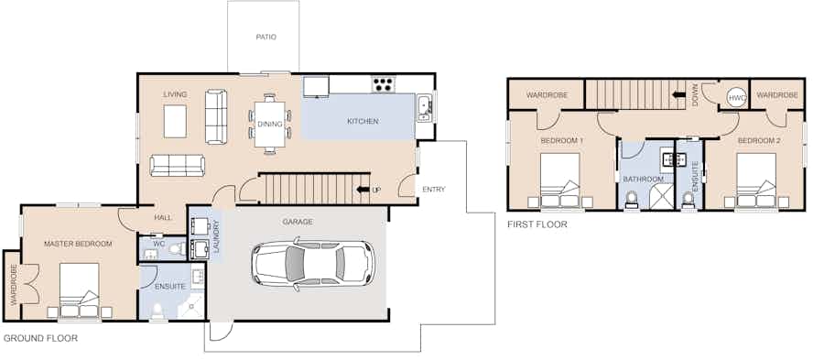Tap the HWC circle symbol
click(x=734, y=97)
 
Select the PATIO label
click(x=266, y=38)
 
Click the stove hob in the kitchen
click(x=384, y=84)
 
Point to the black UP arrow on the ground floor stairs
click(x=362, y=190)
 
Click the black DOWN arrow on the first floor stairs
click(x=679, y=95)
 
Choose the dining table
click(x=269, y=124)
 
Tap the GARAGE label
click(x=298, y=222)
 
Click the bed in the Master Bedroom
click(x=80, y=290)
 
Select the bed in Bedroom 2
click(x=756, y=180)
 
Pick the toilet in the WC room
click(x=178, y=248)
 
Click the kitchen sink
click(x=424, y=108)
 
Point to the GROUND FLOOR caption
click(x=40, y=338)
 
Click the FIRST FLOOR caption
click(x=537, y=224)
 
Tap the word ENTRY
click(x=434, y=190)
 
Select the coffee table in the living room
click(x=175, y=122)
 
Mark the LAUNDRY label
click(x=216, y=237)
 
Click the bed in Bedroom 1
click(x=560, y=180)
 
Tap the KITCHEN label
click(x=363, y=122)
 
